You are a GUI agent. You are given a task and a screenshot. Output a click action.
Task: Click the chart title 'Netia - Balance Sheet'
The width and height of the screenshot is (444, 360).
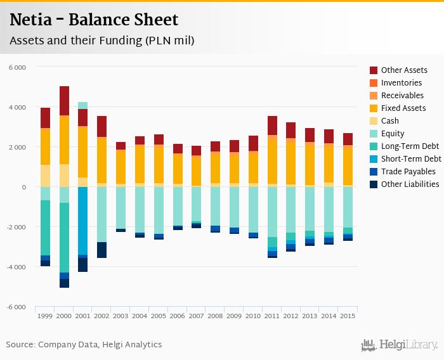94,20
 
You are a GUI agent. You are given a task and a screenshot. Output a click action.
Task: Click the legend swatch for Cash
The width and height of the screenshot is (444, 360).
374,121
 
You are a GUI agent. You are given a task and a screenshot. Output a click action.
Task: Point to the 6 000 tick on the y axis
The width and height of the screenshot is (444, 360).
17,67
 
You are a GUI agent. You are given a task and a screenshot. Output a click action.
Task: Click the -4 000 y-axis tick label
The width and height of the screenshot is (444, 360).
16,267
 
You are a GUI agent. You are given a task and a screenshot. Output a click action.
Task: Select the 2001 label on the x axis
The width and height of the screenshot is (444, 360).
82,316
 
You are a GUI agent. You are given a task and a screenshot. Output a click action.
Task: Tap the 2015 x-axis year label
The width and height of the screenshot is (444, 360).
348,316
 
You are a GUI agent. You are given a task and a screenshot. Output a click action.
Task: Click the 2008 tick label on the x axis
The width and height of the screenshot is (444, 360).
215,316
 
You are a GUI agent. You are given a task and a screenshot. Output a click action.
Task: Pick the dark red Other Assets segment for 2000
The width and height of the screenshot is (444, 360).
64,101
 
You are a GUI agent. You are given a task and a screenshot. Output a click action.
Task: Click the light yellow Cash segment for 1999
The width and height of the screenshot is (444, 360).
45,176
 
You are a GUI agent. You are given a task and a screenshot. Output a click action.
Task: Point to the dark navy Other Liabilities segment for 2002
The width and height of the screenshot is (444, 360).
101,250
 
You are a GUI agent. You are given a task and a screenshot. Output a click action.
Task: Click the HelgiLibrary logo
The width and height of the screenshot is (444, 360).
399,345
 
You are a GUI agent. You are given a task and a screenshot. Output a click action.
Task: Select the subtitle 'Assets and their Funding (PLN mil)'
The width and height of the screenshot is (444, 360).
101,41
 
